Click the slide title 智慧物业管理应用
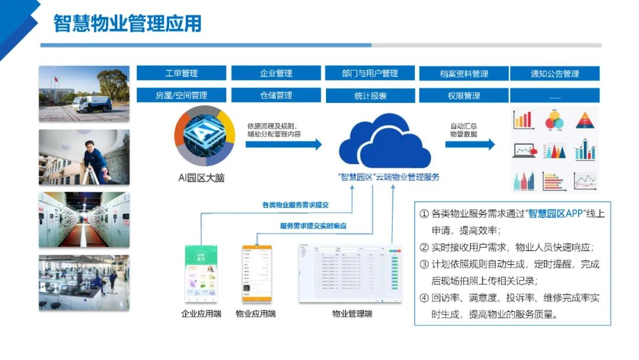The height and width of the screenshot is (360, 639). [x=128, y=24]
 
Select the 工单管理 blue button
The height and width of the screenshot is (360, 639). [x=181, y=73]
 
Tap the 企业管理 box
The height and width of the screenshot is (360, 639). [x=276, y=73]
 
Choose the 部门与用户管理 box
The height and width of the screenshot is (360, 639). [x=370, y=73]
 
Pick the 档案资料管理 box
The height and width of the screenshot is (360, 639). [x=464, y=74]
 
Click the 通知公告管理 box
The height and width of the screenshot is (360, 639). [x=554, y=74]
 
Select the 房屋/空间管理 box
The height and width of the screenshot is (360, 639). [x=181, y=95]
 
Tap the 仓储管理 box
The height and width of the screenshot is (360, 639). [x=276, y=95]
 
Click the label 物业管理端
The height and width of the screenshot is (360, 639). [x=352, y=314]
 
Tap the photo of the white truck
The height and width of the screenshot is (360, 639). [x=84, y=94]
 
